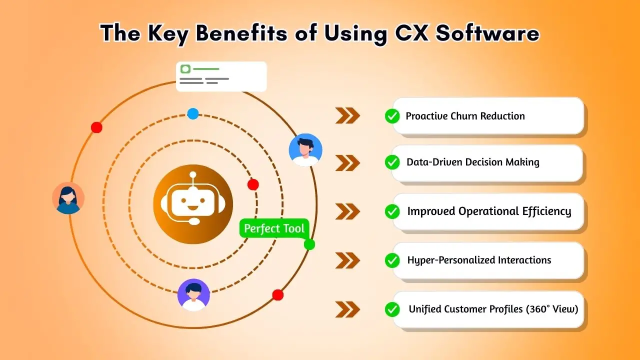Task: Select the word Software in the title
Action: point(487,33)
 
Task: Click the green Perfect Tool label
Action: point(274,229)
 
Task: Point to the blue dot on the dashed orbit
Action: point(193,113)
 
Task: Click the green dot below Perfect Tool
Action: point(309,244)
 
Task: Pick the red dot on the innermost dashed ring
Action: point(253,184)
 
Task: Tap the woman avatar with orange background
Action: point(68,198)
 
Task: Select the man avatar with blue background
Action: point(305,150)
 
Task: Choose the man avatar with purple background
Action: point(193,295)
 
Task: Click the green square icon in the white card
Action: point(185,69)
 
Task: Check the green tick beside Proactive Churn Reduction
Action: point(392,116)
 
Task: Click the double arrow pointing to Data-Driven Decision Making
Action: point(347,163)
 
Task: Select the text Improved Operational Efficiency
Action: point(489,211)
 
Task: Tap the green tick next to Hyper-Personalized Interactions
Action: point(392,260)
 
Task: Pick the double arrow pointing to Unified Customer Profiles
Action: point(347,309)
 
